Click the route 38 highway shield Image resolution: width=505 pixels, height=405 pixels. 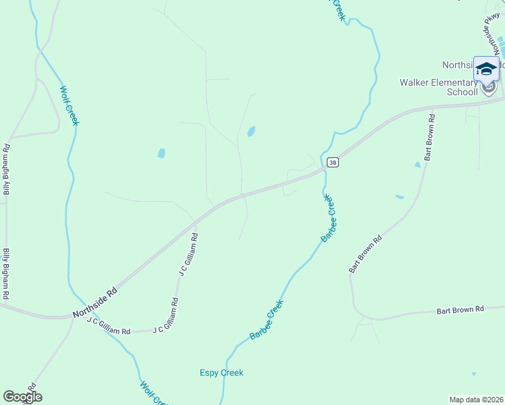(x=331, y=163)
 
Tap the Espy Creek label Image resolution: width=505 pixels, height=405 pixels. (x=221, y=373)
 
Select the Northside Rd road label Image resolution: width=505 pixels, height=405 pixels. (x=95, y=302)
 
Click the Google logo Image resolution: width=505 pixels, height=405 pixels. (x=22, y=397)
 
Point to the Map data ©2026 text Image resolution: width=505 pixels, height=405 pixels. (x=477, y=400)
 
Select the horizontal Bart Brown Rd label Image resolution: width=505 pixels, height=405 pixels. (x=460, y=310)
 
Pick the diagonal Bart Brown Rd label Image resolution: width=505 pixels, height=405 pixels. (x=366, y=254)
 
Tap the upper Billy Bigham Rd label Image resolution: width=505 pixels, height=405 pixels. (x=6, y=169)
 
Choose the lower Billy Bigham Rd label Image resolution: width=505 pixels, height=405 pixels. (x=6, y=274)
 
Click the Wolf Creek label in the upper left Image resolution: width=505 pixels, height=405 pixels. (x=70, y=105)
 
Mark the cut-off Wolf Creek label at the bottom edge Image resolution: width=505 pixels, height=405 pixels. (x=151, y=393)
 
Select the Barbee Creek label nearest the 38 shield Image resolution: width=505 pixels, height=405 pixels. (x=329, y=219)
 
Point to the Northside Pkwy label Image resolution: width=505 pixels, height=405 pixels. (x=494, y=31)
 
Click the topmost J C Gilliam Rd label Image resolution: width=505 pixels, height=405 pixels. (x=188, y=255)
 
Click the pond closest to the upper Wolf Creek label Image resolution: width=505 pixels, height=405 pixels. (x=161, y=153)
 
